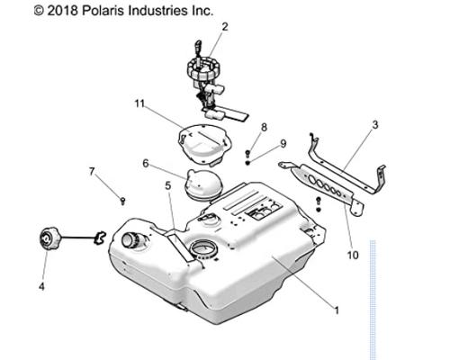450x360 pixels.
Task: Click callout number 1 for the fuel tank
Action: pyautogui.click(x=337, y=310)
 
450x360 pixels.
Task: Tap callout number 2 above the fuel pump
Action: pyautogui.click(x=225, y=27)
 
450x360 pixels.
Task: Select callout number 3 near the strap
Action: pyautogui.click(x=375, y=125)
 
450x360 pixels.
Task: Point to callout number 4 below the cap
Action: pyautogui.click(x=41, y=286)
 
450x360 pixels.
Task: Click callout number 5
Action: pyautogui.click(x=168, y=185)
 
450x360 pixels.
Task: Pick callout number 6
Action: pyautogui.click(x=146, y=164)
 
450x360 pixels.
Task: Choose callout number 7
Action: pyautogui.click(x=92, y=171)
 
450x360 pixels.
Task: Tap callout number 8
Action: pyautogui.click(x=264, y=127)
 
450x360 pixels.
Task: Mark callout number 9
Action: pyautogui.click(x=283, y=143)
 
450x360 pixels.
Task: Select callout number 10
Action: pyautogui.click(x=353, y=256)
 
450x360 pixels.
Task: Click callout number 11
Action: pyautogui.click(x=139, y=103)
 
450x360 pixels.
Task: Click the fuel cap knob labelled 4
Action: pyautogui.click(x=48, y=238)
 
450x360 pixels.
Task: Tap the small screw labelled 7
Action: pyautogui.click(x=122, y=201)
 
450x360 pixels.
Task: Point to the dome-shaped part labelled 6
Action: pyautogui.click(x=203, y=184)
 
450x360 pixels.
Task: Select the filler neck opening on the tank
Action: pyautogui.click(x=130, y=240)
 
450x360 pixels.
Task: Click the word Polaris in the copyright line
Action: pyautogui.click(x=103, y=11)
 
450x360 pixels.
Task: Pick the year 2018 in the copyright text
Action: pyautogui.click(x=63, y=11)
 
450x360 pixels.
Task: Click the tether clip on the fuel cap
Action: pyautogui.click(x=100, y=237)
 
